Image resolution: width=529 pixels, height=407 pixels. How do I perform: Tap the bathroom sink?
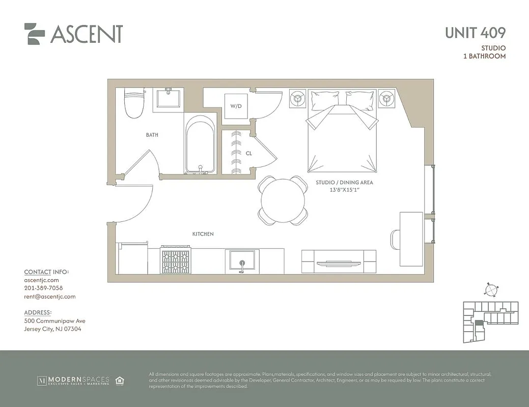pyautogui.click(x=168, y=98)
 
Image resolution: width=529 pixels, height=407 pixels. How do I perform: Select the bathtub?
pyautogui.click(x=201, y=145)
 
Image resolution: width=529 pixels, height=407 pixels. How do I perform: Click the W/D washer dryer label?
pyautogui.click(x=236, y=106)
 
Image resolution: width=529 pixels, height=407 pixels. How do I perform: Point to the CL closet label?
pyautogui.click(x=249, y=153)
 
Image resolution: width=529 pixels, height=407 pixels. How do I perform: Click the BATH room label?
pyautogui.click(x=152, y=135)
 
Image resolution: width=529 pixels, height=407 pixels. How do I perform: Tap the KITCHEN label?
pyautogui.click(x=203, y=234)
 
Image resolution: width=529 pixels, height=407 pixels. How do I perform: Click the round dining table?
pyautogui.click(x=283, y=200)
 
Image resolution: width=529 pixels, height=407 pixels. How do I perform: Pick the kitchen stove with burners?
pyautogui.click(x=176, y=260)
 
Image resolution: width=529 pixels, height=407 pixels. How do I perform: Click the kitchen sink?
pyautogui.click(x=241, y=261)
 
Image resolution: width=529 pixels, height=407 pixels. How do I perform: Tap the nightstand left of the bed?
pyautogui.click(x=298, y=99)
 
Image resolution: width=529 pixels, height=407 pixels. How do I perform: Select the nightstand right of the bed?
pyautogui.click(x=387, y=99)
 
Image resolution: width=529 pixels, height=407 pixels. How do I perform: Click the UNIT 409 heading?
pyautogui.click(x=475, y=33)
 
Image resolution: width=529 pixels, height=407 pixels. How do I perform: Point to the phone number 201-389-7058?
pyautogui.click(x=43, y=288)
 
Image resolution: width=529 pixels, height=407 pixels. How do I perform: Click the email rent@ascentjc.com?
pyautogui.click(x=49, y=297)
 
